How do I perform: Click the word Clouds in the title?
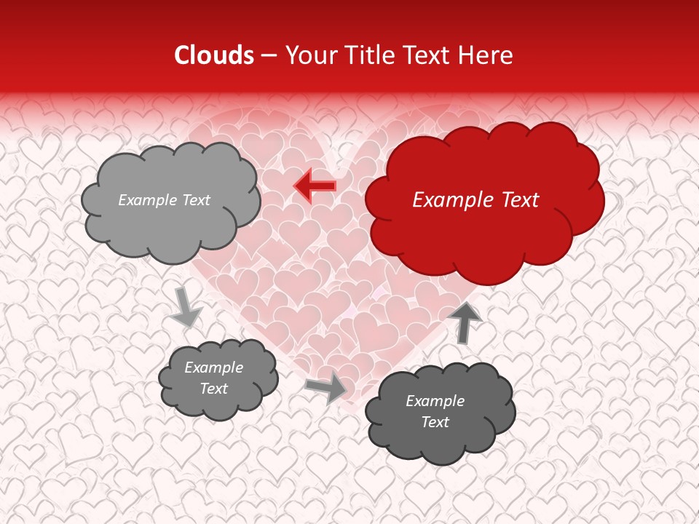(214, 55)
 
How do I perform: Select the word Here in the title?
(488, 55)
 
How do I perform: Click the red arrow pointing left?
(316, 186)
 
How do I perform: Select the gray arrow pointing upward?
(465, 322)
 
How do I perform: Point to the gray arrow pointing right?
(327, 387)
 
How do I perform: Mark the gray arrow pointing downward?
(186, 306)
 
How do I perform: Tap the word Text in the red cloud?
(519, 200)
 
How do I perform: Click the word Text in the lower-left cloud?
(214, 389)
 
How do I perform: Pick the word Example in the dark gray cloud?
(435, 401)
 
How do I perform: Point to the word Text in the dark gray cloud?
(435, 422)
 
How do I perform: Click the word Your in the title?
(309, 55)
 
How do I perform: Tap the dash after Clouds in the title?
(268, 56)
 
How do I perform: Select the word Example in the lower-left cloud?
(213, 368)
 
